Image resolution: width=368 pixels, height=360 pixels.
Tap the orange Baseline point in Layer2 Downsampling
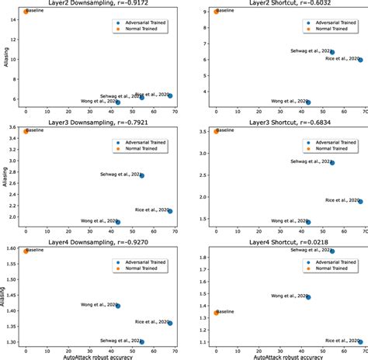(26, 12)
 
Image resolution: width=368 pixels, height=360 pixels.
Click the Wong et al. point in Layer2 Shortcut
(308, 102)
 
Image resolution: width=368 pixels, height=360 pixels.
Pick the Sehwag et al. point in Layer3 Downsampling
(141, 175)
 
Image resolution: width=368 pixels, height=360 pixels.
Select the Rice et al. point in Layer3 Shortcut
(359, 201)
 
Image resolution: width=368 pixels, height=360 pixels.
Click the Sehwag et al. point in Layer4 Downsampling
(141, 341)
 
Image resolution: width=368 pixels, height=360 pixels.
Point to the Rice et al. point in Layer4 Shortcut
(359, 341)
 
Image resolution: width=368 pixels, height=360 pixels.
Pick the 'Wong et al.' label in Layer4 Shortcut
(290, 296)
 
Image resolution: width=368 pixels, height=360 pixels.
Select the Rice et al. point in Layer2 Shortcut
(359, 60)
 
